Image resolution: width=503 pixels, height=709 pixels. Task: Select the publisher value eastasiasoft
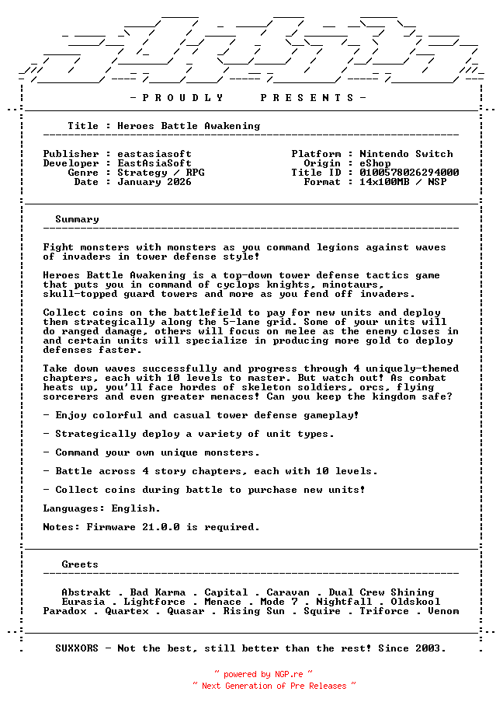tap(154, 154)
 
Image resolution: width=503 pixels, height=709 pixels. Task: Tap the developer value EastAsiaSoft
tap(154, 163)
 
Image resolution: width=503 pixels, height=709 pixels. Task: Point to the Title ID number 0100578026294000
tap(409, 173)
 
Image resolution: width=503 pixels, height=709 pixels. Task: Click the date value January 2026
tap(154, 182)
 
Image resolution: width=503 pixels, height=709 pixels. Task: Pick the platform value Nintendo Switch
tap(406, 154)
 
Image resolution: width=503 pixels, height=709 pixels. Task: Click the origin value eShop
tap(375, 163)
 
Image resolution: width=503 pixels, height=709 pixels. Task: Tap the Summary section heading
tap(77, 219)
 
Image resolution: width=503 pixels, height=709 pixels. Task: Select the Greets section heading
tap(80, 564)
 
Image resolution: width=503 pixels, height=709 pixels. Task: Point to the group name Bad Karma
tap(158, 592)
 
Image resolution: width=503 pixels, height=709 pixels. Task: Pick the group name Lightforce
tap(154, 602)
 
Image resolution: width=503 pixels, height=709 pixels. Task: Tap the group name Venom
tap(443, 611)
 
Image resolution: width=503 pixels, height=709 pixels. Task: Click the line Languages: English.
tap(102, 508)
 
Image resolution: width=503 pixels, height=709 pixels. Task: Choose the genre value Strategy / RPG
tap(161, 173)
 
